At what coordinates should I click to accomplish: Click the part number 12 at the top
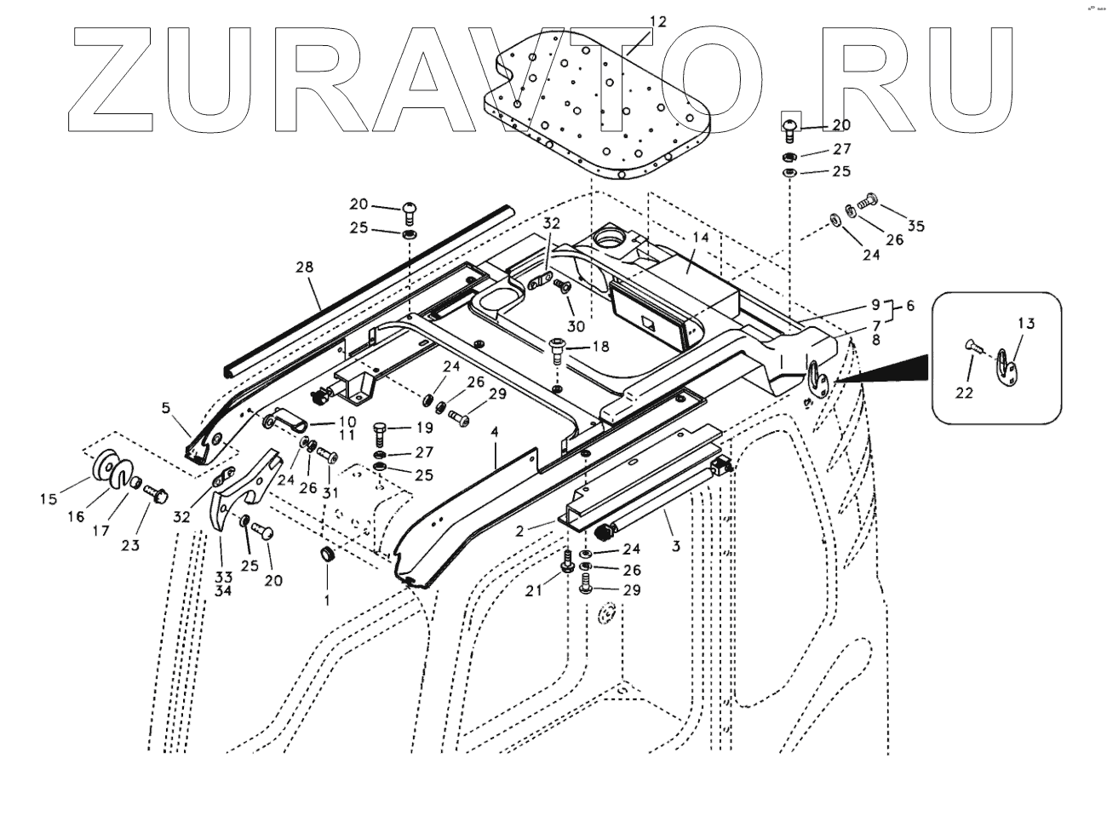[659, 20]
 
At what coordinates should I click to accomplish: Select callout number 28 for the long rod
[304, 267]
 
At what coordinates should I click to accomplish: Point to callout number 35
[915, 226]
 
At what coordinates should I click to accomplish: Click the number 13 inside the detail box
[1026, 322]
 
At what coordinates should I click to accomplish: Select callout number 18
[600, 346]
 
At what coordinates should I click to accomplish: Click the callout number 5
[167, 408]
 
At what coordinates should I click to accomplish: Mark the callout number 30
[576, 326]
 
